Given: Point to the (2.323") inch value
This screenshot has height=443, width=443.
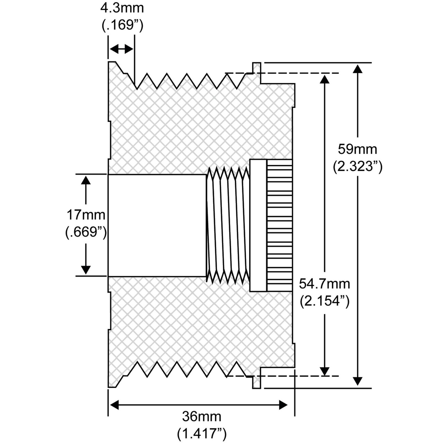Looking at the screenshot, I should (358, 167).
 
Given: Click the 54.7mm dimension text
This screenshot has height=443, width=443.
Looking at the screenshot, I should (324, 284).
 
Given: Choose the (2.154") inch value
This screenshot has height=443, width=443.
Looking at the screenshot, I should (324, 301).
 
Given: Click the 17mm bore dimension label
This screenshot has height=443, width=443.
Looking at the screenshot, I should (86, 215).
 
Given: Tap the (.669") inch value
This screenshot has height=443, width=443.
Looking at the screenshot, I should (86, 232).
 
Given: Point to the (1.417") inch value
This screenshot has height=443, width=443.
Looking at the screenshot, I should (201, 433).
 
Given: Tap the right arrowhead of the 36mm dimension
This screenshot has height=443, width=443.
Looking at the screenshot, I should (283, 405).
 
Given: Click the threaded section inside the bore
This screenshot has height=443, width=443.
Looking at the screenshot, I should (228, 225).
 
